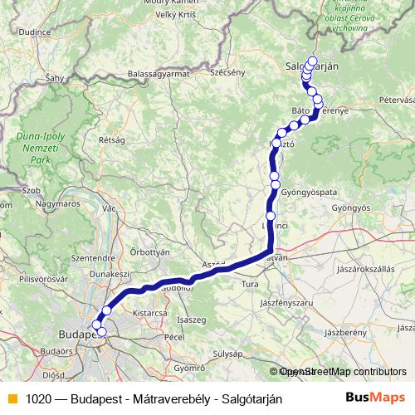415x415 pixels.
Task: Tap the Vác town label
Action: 108,208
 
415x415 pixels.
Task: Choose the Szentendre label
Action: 70,259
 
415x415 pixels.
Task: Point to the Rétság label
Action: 111,141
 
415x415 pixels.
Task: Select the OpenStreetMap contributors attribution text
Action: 341,372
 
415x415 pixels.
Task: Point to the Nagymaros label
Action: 57,203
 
